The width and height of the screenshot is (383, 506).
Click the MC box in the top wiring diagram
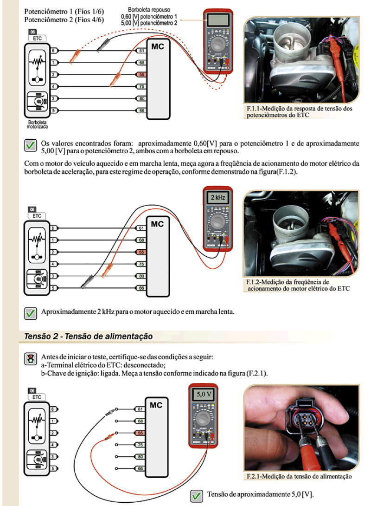point(158,79)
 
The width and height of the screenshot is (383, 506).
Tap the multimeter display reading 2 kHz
point(217,197)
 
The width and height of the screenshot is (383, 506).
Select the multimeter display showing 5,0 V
point(204,395)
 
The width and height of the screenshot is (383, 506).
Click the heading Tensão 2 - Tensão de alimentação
point(88,336)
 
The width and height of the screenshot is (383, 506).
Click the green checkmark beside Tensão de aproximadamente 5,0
point(197,496)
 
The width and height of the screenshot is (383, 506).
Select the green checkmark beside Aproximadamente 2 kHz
point(30,313)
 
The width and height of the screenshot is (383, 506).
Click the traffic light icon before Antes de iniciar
point(30,359)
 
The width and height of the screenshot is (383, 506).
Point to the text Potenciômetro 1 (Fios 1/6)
point(64,11)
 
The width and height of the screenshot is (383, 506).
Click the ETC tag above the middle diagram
point(37,216)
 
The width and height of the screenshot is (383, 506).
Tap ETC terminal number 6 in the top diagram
point(53,50)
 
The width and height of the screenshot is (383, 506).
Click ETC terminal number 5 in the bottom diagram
point(53,469)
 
